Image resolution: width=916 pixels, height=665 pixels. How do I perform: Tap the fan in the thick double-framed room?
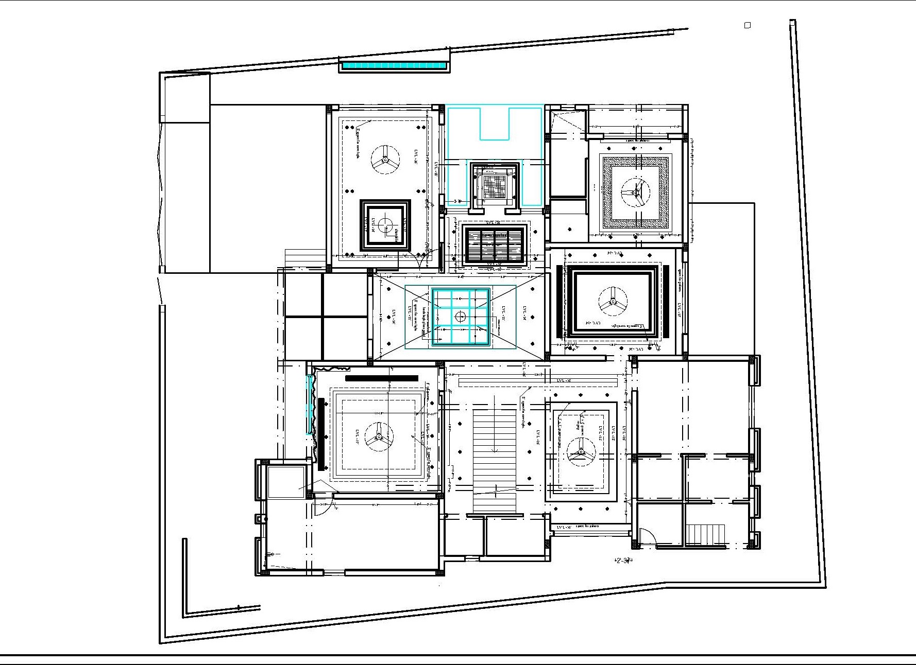pyautogui.click(x=613, y=301)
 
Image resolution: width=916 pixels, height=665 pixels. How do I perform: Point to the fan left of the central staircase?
pyautogui.click(x=379, y=436)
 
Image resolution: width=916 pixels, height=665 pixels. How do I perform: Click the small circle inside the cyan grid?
pyautogui.click(x=460, y=316)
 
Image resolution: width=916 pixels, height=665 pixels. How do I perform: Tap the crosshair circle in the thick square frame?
pyautogui.click(x=384, y=225)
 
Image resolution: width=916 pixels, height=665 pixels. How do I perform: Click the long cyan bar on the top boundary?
pyautogui.click(x=394, y=65)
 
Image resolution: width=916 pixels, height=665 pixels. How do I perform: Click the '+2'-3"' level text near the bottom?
pyautogui.click(x=623, y=561)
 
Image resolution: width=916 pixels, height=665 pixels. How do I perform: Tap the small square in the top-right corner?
pyautogui.click(x=748, y=25)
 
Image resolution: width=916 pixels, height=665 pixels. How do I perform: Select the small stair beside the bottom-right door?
pyautogui.click(x=706, y=534)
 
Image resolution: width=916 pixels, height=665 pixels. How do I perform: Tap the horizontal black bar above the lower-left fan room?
pyautogui.click(x=382, y=378)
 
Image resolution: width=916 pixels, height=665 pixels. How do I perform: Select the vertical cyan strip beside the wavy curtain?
pyautogui.click(x=310, y=405)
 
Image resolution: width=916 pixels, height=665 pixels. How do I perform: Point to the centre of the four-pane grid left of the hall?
pyautogui.click(x=323, y=316)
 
